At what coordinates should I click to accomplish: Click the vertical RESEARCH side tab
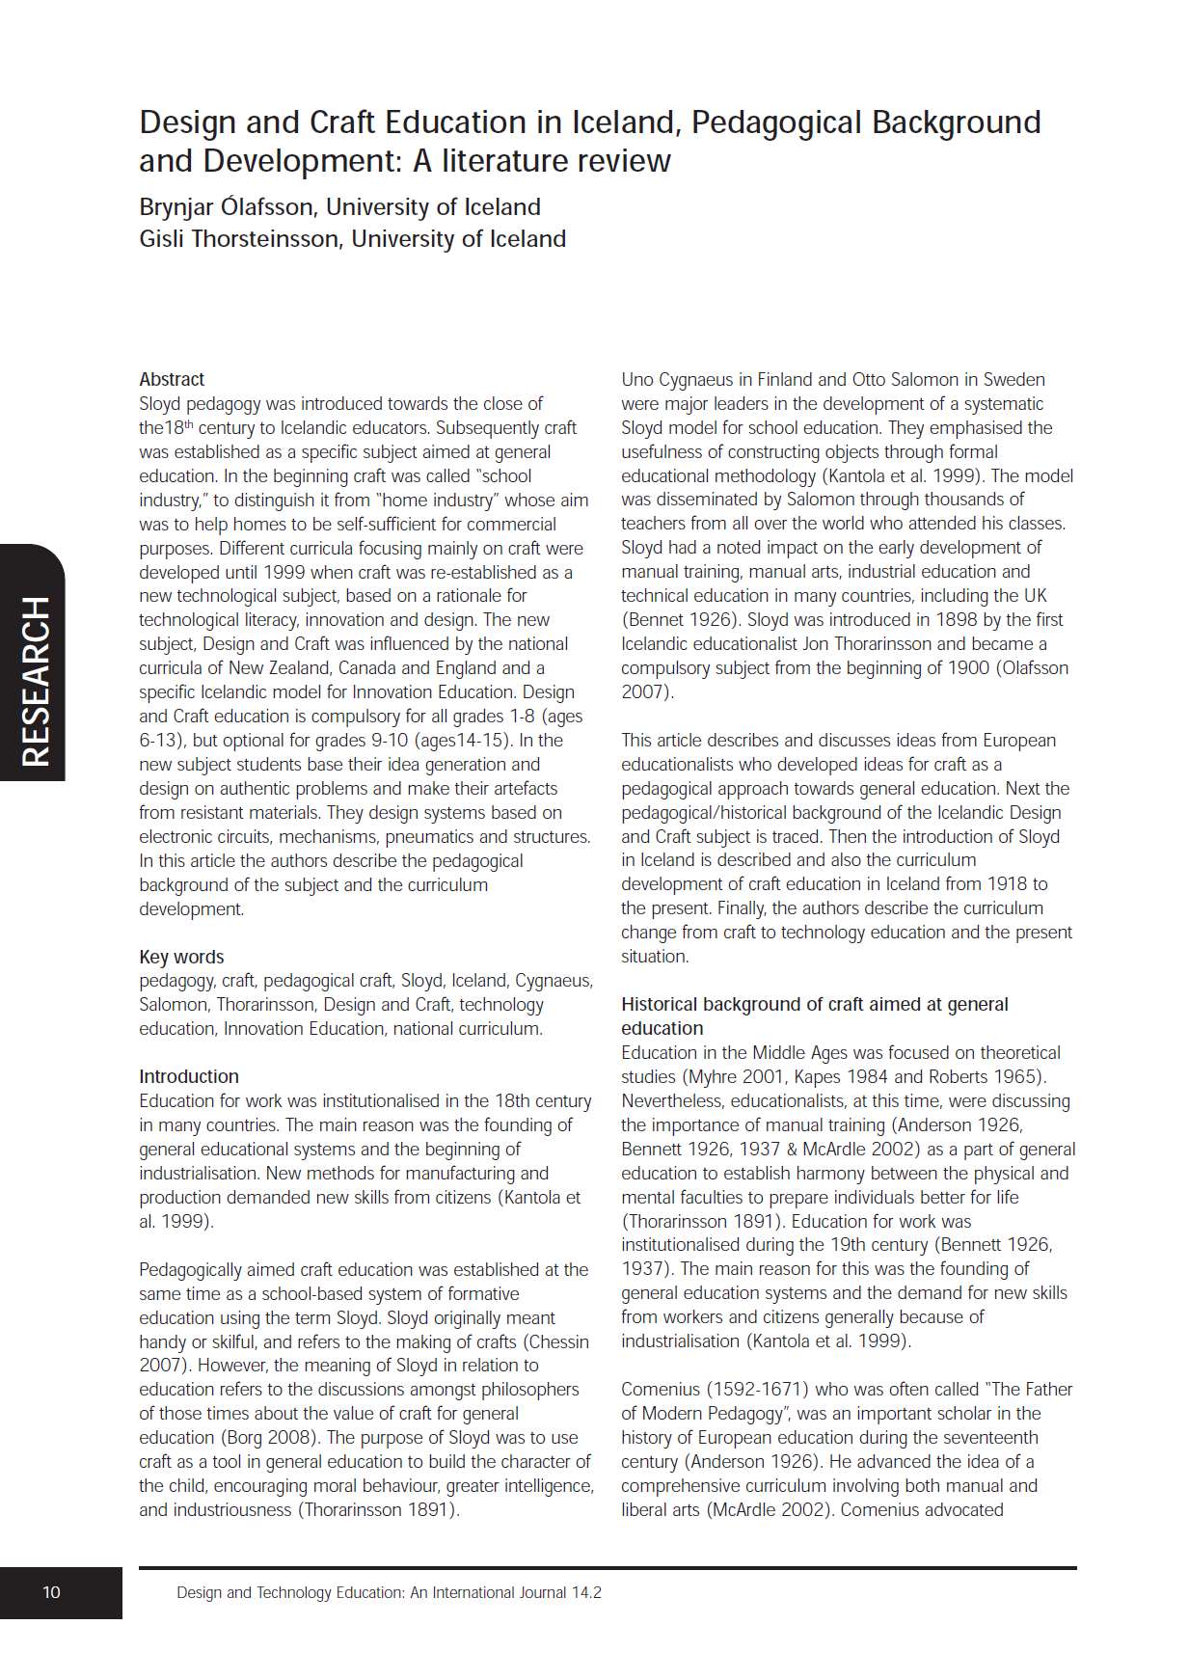coord(35,681)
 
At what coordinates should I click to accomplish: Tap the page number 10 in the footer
coord(51,1592)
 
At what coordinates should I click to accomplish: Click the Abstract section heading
coord(172,379)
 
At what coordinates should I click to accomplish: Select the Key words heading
coord(181,957)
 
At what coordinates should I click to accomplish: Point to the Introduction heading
coord(189,1076)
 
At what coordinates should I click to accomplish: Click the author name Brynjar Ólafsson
coord(228,207)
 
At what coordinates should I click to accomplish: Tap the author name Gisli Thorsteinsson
coord(240,239)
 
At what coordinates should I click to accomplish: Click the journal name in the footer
coord(389,1592)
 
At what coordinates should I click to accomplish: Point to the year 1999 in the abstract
coord(284,572)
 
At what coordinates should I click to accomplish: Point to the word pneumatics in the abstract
coord(425,837)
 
